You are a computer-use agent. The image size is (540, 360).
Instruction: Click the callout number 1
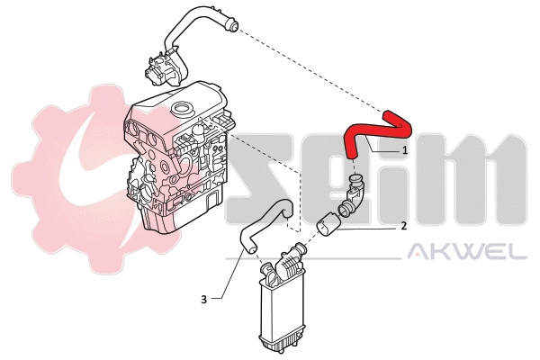tap(405, 149)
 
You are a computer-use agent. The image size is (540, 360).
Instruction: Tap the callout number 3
tap(203, 298)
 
